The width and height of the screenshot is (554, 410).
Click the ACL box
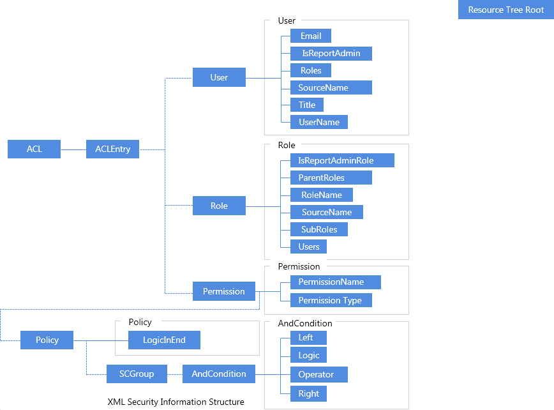[x=34, y=149]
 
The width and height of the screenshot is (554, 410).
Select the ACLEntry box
[x=112, y=149]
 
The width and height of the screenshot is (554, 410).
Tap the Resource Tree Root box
[x=505, y=10]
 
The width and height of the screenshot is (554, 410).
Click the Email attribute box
[x=311, y=36]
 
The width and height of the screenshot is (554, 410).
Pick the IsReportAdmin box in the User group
[x=331, y=53]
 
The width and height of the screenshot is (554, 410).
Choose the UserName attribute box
[x=319, y=121]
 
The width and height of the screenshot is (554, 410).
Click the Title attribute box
[x=307, y=104]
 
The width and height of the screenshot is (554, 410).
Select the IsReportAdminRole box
[x=342, y=160]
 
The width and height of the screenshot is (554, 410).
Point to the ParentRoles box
[x=331, y=178]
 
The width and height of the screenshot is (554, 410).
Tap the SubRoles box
[x=318, y=229]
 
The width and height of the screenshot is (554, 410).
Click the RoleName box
[x=322, y=195]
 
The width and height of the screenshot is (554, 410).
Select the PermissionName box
[x=335, y=282]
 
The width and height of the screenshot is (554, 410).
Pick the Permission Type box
[x=331, y=300]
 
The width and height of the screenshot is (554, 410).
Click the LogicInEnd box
[x=164, y=340]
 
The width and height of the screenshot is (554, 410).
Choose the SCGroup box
[x=137, y=374]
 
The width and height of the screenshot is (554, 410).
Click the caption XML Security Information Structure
[x=176, y=402]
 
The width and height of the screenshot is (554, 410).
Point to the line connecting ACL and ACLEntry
[x=73, y=149]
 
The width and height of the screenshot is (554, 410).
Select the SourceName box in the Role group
[x=327, y=211]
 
